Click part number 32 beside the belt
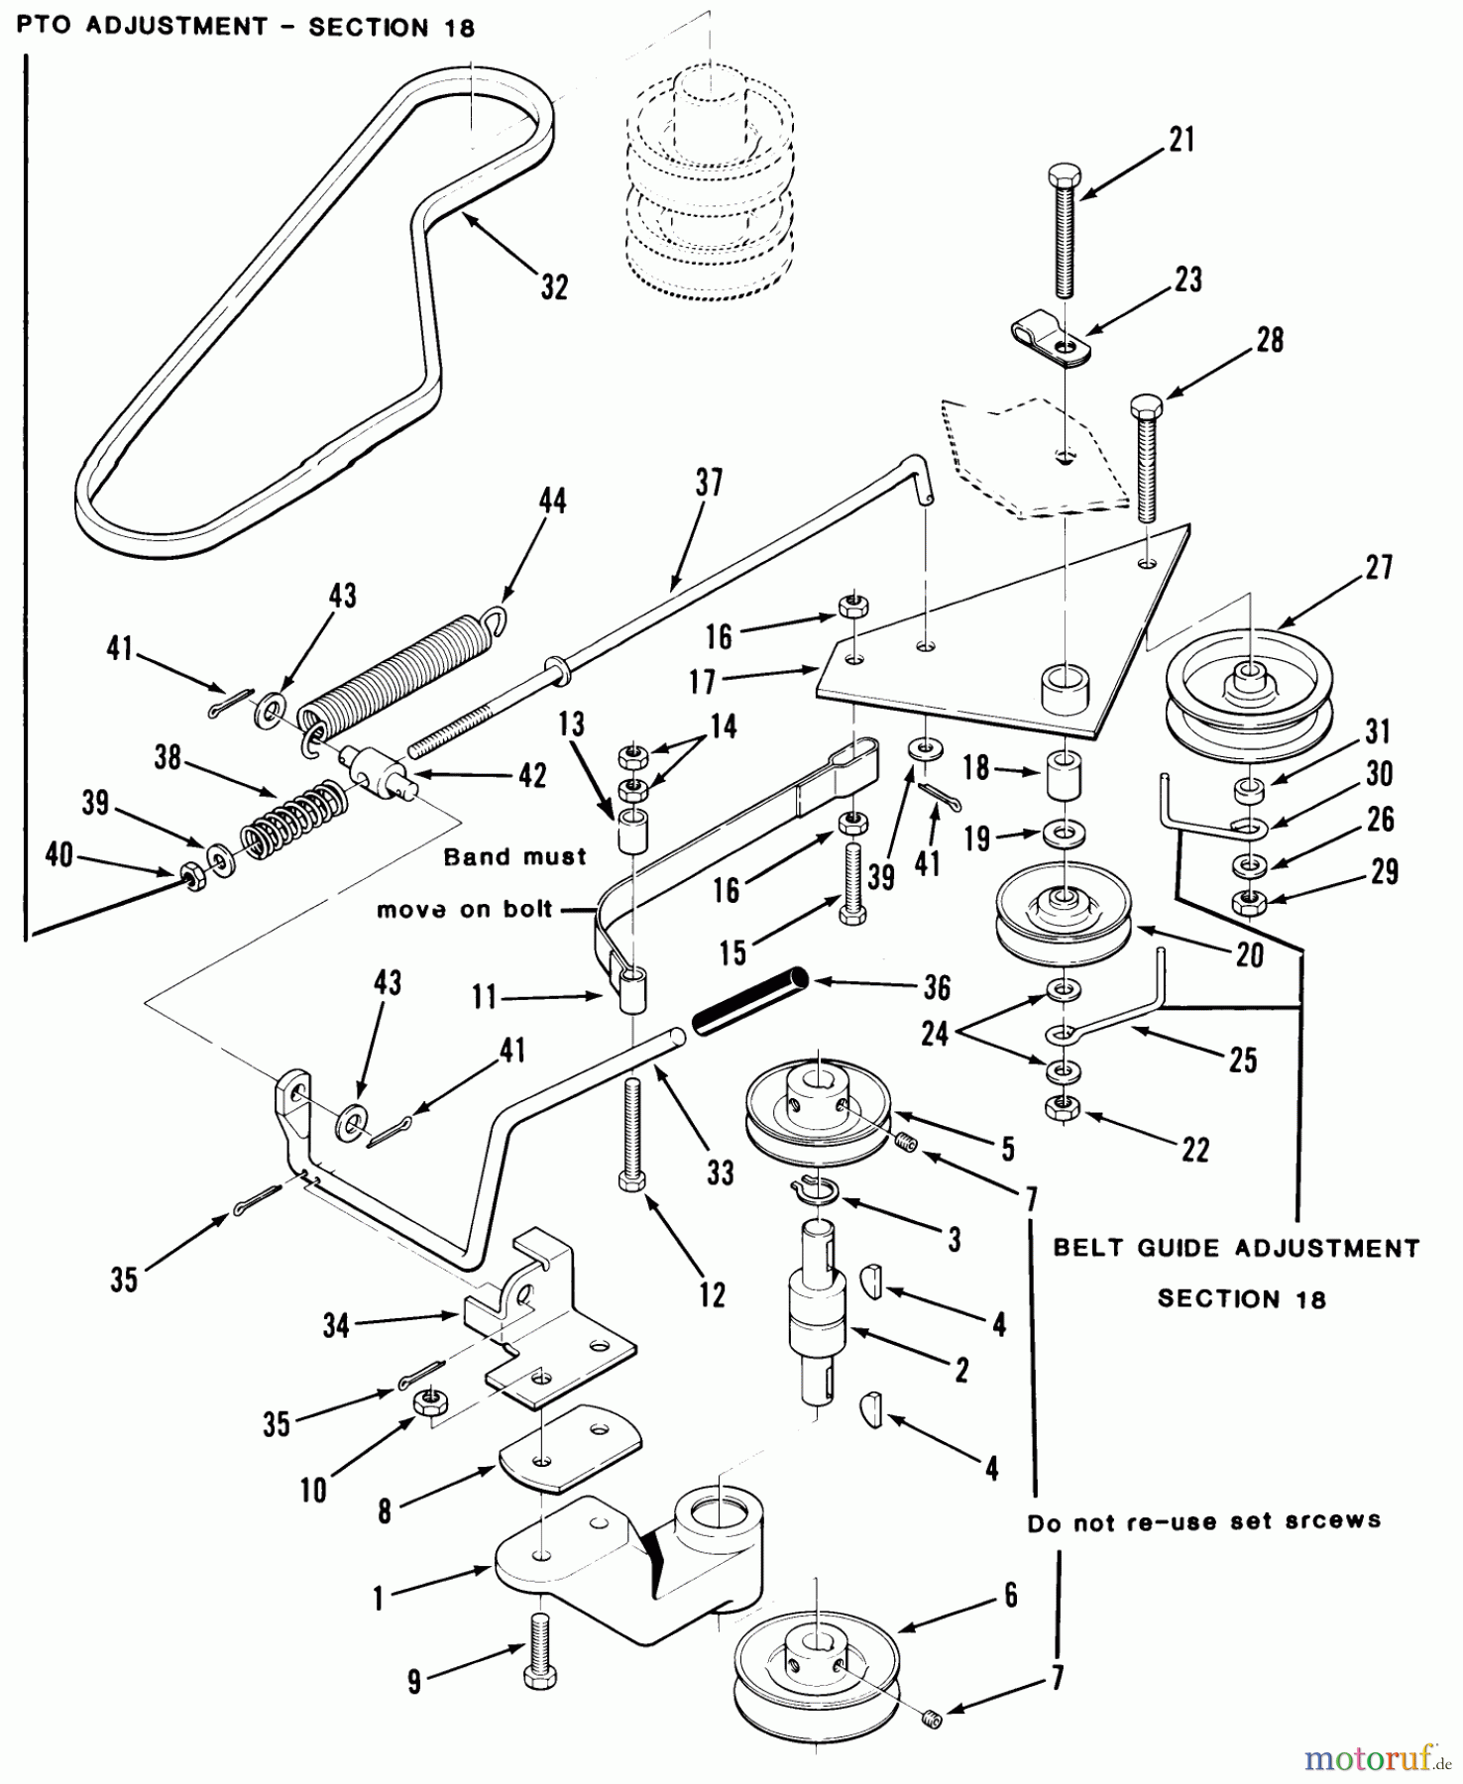554,286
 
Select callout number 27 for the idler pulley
1379,567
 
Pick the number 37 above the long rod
709,483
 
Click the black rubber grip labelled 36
751,1002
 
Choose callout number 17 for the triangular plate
703,682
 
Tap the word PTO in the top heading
44,26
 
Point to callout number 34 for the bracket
337,1325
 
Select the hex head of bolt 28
1146,406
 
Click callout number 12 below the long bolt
712,1294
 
